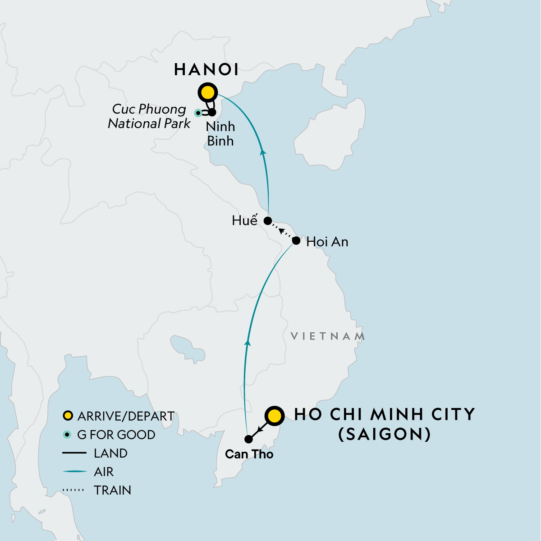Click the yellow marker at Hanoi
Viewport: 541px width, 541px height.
[207, 93]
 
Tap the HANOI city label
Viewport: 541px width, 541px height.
[206, 69]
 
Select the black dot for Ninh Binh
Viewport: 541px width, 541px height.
[212, 112]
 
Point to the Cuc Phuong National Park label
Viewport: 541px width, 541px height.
[149, 116]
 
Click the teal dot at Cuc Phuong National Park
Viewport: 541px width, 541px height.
[197, 113]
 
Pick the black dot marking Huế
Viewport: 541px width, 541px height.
[267, 221]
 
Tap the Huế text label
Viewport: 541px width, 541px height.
[244, 220]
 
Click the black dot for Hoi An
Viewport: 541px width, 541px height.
[296, 241]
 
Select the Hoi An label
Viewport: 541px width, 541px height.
[327, 242]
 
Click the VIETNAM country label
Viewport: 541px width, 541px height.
[328, 336]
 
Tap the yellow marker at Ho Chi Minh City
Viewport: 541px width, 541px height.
[274, 416]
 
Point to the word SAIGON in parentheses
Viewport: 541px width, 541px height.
[385, 434]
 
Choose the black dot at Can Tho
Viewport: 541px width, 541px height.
[248, 439]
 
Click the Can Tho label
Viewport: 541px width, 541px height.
[249, 454]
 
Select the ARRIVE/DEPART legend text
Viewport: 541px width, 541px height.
[126, 416]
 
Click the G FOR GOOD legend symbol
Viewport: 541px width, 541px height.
[67, 435]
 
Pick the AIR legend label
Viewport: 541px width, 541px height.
[104, 472]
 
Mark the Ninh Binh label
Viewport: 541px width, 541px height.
[220, 133]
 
